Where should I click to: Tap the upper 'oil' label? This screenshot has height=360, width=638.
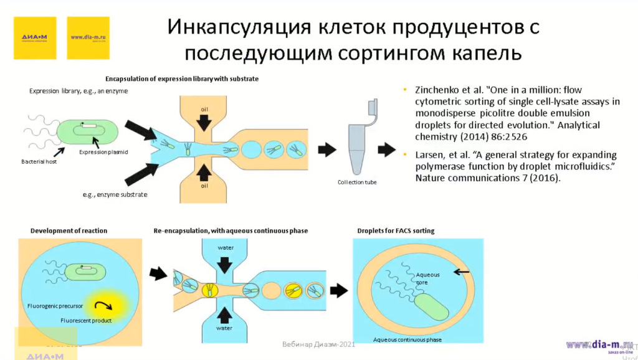tap(204, 110)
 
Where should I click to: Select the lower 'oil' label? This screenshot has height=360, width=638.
tap(204, 185)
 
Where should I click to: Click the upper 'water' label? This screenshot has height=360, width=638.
tap(226, 248)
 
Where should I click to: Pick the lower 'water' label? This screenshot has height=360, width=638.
tap(224, 328)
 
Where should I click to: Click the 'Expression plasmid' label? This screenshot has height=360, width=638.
tap(103, 152)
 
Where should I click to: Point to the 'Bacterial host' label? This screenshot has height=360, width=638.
tap(38, 162)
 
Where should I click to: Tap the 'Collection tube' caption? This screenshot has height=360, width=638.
tap(357, 182)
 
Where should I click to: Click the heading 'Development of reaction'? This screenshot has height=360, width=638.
tap(69, 230)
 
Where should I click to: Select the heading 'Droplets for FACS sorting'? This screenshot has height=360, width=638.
tap(396, 230)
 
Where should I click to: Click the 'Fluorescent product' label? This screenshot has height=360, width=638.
tap(86, 320)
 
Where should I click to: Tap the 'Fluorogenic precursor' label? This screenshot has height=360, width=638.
tap(55, 306)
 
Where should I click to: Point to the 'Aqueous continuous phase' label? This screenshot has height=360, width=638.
tap(407, 339)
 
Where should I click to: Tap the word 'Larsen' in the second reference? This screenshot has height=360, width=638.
tap(428, 154)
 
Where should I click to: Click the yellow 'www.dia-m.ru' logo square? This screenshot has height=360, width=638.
tap(88, 38)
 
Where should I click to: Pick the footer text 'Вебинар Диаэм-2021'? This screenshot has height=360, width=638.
tap(318, 344)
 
